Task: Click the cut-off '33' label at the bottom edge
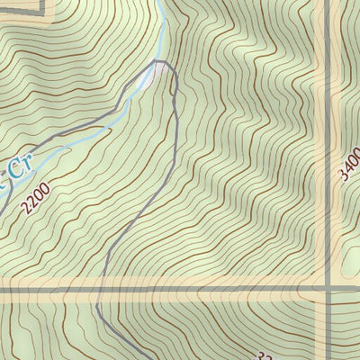pos(265,354)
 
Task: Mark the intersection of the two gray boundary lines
pos(328,289)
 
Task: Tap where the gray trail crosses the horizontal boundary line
pos(99,289)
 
